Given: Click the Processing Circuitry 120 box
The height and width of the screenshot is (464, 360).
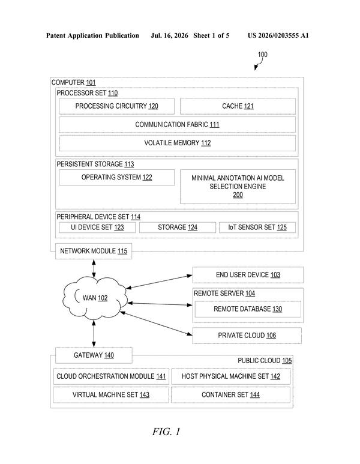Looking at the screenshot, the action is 116,106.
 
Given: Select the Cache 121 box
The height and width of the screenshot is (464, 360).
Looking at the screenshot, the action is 238,106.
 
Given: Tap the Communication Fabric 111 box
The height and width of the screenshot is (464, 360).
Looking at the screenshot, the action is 177,125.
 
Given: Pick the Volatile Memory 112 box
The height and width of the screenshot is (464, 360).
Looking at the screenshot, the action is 177,143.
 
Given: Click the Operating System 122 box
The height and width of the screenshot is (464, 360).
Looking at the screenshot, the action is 116,178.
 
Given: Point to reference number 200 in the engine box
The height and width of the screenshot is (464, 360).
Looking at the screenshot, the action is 238,195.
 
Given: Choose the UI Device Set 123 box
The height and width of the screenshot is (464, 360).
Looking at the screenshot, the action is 97,227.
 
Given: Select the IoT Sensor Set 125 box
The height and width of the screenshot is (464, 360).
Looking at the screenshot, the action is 257,227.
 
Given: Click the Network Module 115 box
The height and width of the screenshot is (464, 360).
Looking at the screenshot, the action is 94,252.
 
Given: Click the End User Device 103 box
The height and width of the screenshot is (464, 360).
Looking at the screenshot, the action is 248,275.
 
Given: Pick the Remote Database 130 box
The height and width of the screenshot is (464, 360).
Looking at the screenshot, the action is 248,309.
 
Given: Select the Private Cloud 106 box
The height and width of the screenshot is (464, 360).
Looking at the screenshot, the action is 247,336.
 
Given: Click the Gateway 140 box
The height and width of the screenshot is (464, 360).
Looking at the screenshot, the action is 94,355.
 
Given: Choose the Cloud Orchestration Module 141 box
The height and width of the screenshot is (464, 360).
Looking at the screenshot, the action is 111,376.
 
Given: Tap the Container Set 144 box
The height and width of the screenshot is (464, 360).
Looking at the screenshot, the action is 231,395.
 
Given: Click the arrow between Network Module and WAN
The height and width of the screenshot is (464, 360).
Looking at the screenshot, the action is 94,268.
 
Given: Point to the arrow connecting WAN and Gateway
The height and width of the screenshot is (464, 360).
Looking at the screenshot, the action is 94,334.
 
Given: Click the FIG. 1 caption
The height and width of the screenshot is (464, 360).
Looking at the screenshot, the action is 166,432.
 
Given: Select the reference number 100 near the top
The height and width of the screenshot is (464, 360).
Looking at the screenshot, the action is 262,55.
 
